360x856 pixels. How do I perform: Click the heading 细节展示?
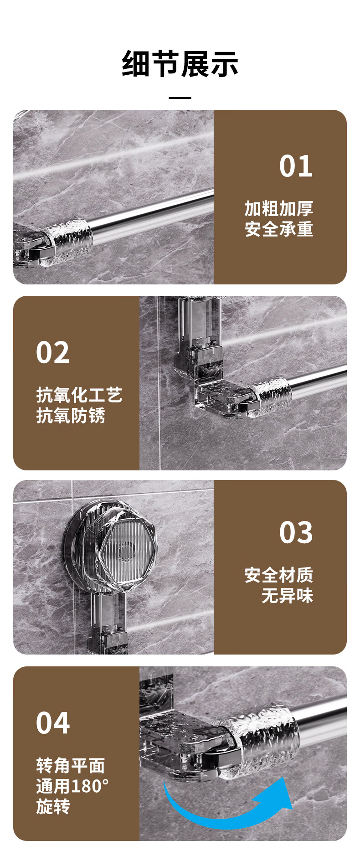(180, 64)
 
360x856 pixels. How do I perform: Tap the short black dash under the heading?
(180, 98)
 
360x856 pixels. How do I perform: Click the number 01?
(296, 166)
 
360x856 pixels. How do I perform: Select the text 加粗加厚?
(279, 208)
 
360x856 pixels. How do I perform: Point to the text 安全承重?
(279, 229)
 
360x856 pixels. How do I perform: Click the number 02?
(53, 352)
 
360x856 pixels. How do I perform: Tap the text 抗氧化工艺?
(79, 395)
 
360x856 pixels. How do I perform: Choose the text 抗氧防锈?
(71, 415)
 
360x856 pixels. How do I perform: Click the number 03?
(296, 532)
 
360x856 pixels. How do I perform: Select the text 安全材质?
(279, 575)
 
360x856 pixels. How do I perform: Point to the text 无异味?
(288, 595)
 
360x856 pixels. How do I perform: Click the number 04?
(53, 723)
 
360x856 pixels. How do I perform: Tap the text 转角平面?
(71, 765)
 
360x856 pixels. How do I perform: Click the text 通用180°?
(73, 786)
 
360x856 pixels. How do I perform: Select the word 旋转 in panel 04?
(53, 806)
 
